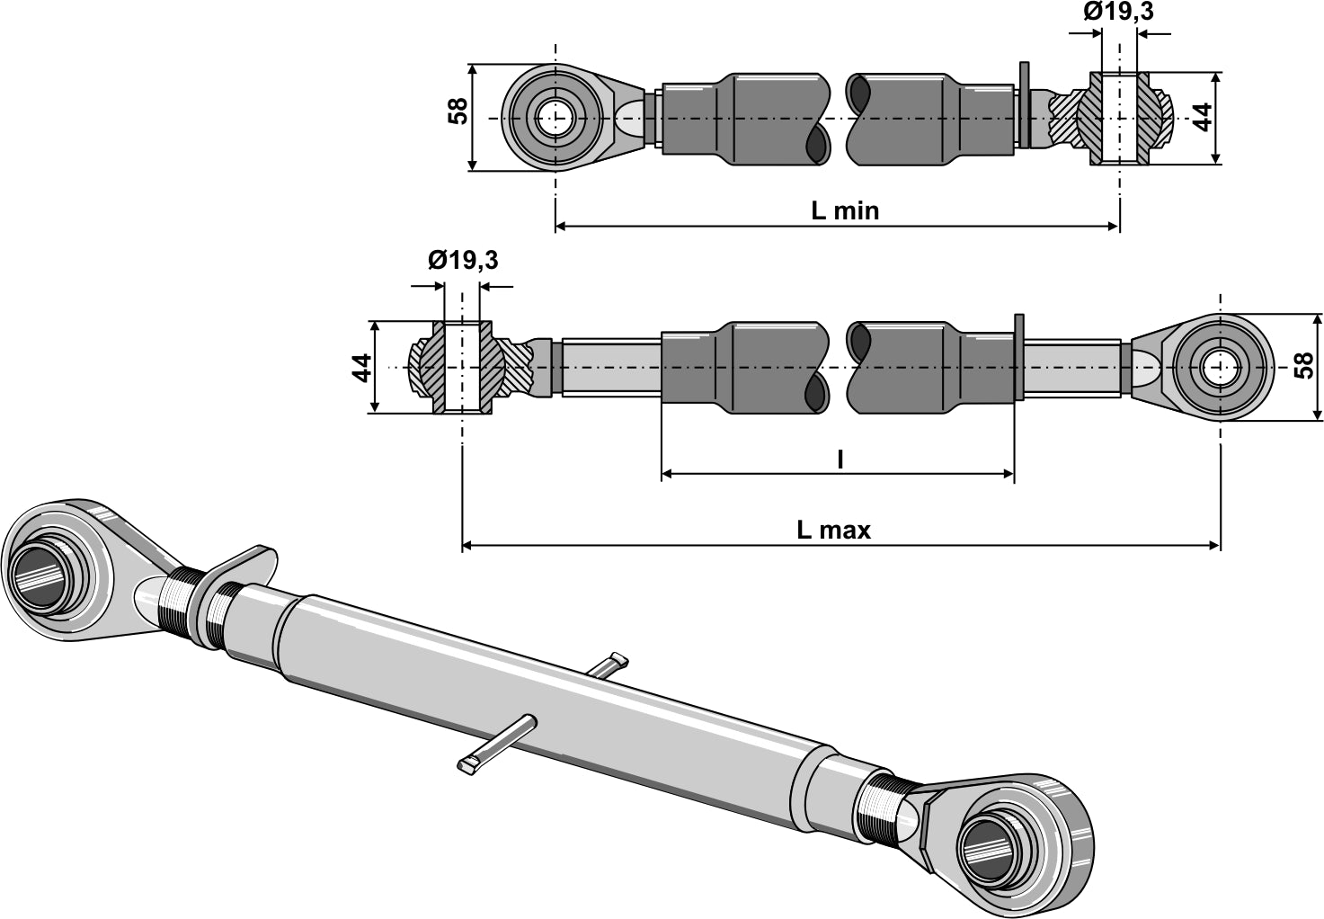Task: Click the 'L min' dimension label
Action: [x=844, y=210]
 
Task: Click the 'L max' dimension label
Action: [x=833, y=530]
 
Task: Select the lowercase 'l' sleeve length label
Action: [x=840, y=459]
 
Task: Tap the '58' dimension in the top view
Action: [x=458, y=112]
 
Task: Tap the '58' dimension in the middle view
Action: [x=1303, y=365]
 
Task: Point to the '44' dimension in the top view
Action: [x=1203, y=117]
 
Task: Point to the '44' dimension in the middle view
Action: [x=361, y=367]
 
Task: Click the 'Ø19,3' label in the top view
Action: [x=1118, y=12]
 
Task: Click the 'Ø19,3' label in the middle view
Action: [x=462, y=261]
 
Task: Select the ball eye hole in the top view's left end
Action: [x=555, y=118]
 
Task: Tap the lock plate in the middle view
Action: [x=1018, y=358]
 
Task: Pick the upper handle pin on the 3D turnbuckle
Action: [x=606, y=665]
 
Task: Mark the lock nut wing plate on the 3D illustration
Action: [x=238, y=566]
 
